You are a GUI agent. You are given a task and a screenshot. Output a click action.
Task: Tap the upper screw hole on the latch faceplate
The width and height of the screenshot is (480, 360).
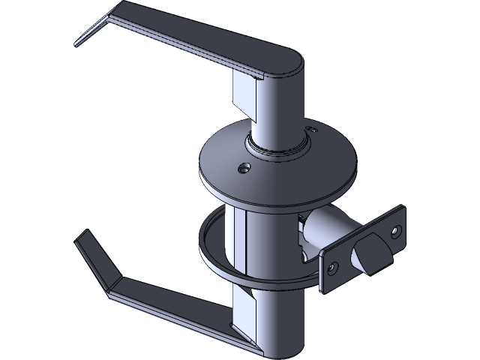(x=396, y=229)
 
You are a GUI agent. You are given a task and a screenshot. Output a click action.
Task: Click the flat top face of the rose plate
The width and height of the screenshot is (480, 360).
(x=225, y=161)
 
